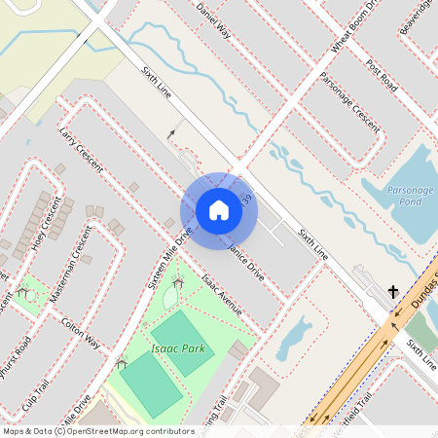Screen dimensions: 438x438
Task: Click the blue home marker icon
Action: coord(218,210)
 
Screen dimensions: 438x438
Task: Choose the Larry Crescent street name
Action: coord(81,148)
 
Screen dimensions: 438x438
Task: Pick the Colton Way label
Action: coord(80,332)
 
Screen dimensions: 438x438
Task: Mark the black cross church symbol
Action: coord(393,291)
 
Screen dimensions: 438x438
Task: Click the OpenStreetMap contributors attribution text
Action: coord(127,430)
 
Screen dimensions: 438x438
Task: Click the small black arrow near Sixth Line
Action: coord(172,133)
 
